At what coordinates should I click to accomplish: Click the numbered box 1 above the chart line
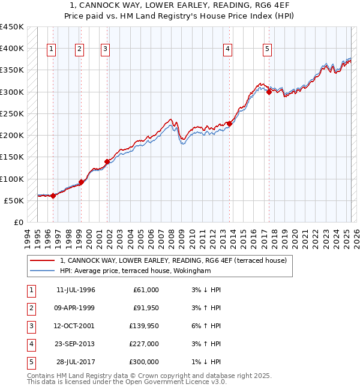(x=52, y=50)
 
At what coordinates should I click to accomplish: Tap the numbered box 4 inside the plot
(x=228, y=50)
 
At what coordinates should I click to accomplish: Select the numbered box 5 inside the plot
(x=267, y=50)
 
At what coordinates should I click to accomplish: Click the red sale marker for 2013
(x=229, y=124)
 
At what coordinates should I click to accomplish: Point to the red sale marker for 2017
(x=269, y=92)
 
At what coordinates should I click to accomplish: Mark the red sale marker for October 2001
(x=107, y=161)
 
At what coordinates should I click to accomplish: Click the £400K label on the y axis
(x=11, y=49)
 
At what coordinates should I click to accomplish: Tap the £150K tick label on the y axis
(x=11, y=157)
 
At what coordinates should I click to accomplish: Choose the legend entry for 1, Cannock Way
(x=173, y=260)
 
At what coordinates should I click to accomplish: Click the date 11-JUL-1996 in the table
(x=76, y=290)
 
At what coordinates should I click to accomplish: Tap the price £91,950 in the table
(x=146, y=308)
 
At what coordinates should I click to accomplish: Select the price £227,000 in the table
(x=145, y=344)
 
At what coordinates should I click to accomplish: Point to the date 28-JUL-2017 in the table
(x=76, y=362)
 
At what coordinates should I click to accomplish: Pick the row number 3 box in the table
(x=31, y=326)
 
